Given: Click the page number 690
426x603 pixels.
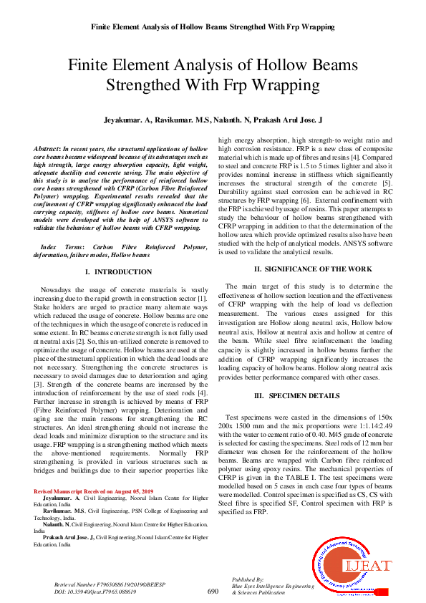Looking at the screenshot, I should click(x=213, y=592).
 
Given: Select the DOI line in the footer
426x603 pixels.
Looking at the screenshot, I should click(x=95, y=592).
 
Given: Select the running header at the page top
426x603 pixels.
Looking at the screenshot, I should click(x=213, y=26).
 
